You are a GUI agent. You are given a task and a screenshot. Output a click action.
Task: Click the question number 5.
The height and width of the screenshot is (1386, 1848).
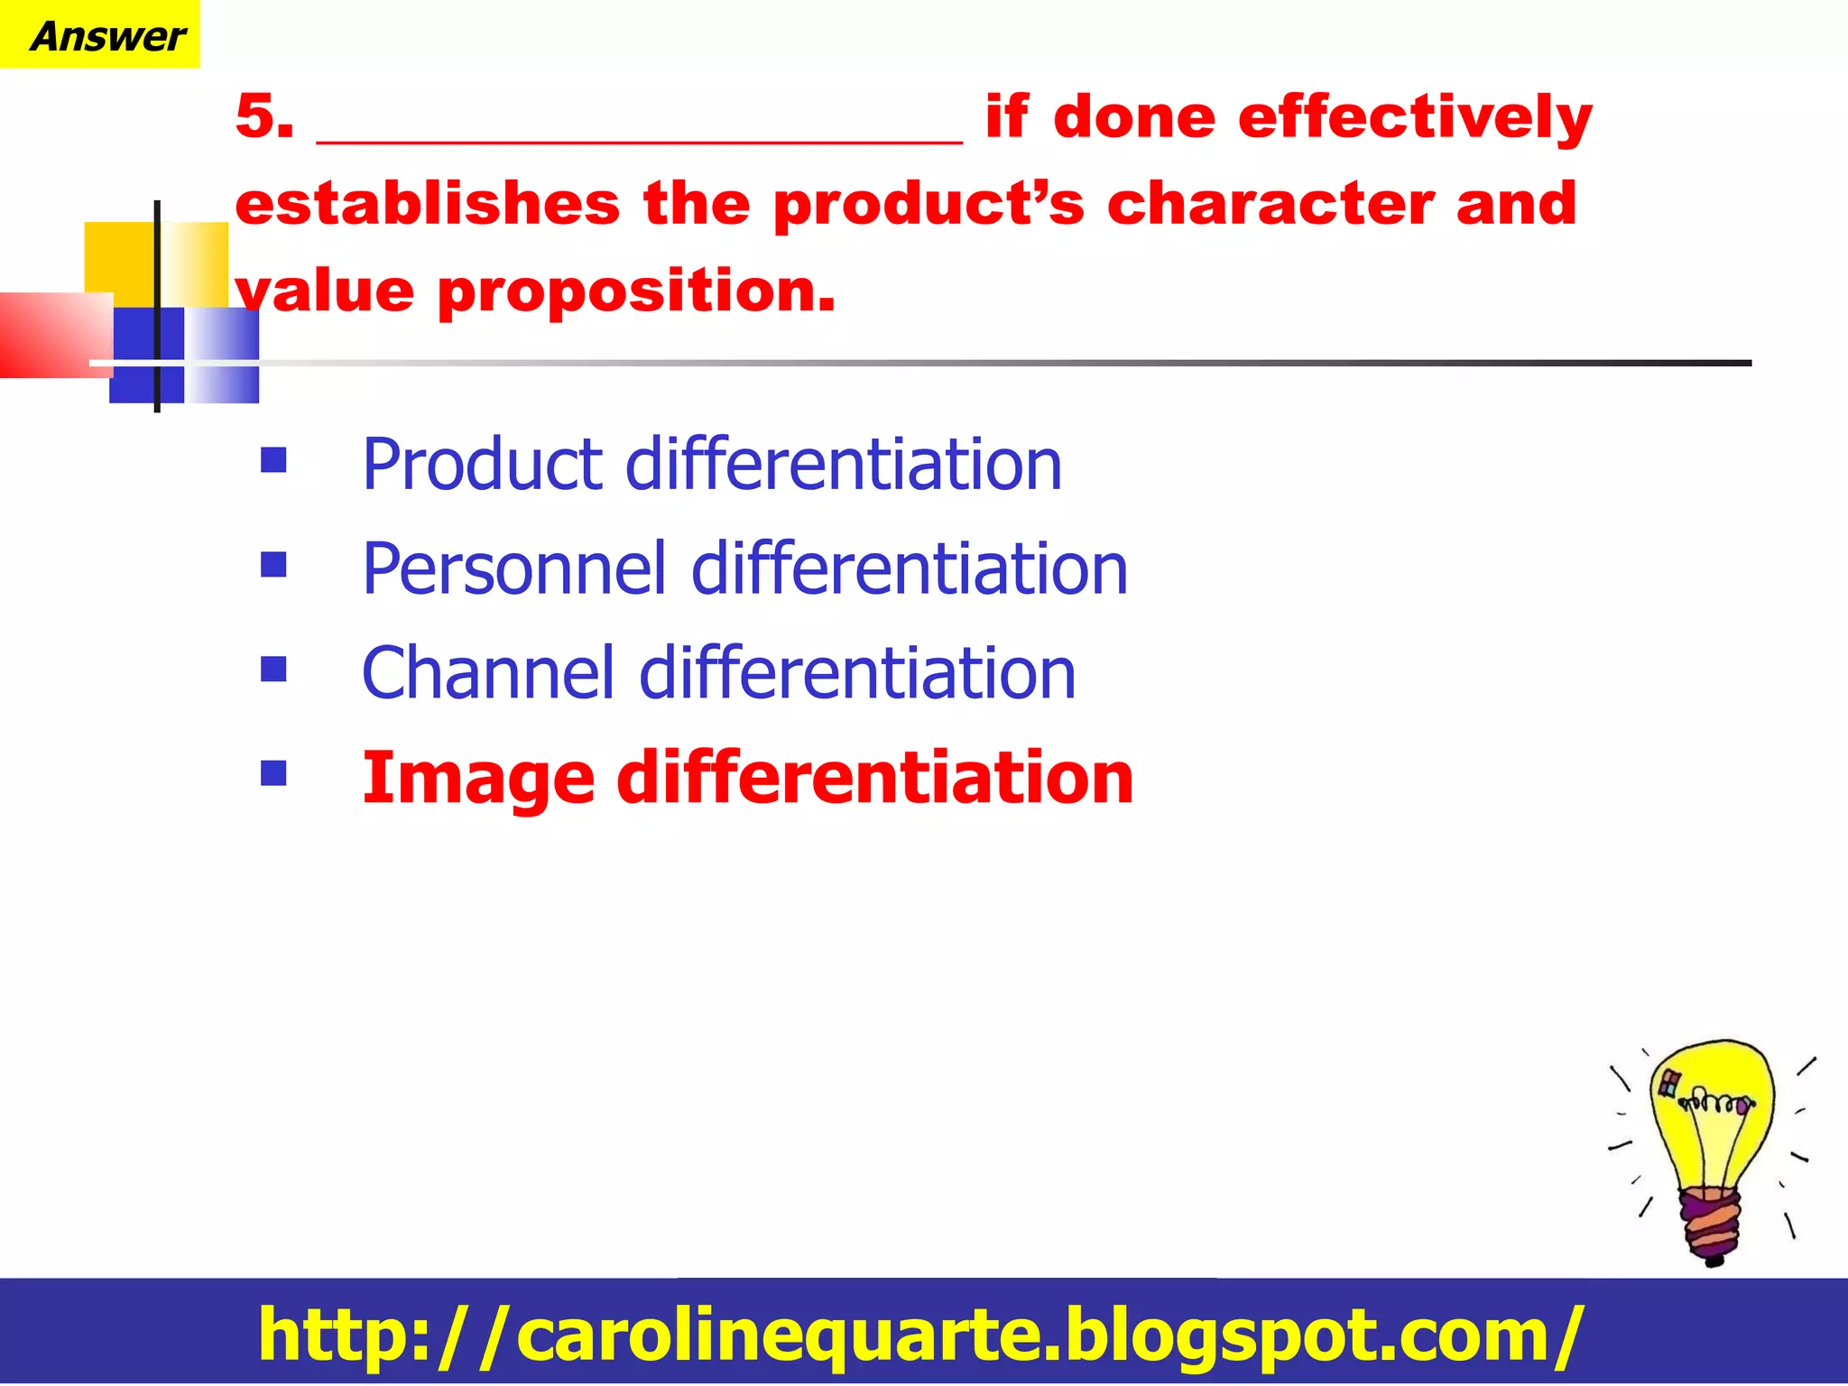click(263, 117)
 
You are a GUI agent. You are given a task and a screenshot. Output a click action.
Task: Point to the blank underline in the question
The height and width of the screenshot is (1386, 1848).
click(639, 139)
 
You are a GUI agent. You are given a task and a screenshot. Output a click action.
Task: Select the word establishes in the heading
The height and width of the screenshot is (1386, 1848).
click(428, 204)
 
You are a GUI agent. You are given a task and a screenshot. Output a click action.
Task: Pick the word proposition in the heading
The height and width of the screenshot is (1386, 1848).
click(636, 292)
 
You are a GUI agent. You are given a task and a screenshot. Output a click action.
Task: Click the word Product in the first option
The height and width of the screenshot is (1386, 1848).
click(482, 465)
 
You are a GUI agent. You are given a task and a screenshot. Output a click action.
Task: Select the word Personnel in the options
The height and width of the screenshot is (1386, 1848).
click(514, 569)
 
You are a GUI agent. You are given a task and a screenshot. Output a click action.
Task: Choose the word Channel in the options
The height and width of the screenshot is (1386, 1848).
click(488, 674)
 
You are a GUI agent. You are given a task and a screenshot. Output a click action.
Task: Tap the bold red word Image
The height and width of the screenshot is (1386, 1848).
click(477, 779)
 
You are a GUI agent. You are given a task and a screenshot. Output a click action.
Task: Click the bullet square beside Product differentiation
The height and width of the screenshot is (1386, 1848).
click(273, 461)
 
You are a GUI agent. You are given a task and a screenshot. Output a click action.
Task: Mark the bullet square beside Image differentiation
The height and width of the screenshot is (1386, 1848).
click(273, 773)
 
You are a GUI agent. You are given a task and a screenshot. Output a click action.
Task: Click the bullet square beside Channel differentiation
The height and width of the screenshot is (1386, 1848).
click(273, 670)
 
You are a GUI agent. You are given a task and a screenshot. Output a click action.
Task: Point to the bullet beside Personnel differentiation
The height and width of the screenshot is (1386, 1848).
click(273, 565)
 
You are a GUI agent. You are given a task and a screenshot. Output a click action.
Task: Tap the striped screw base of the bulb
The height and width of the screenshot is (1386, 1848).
click(1711, 1224)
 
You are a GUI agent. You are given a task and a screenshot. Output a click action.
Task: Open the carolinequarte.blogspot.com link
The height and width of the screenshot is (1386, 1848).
click(920, 1334)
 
